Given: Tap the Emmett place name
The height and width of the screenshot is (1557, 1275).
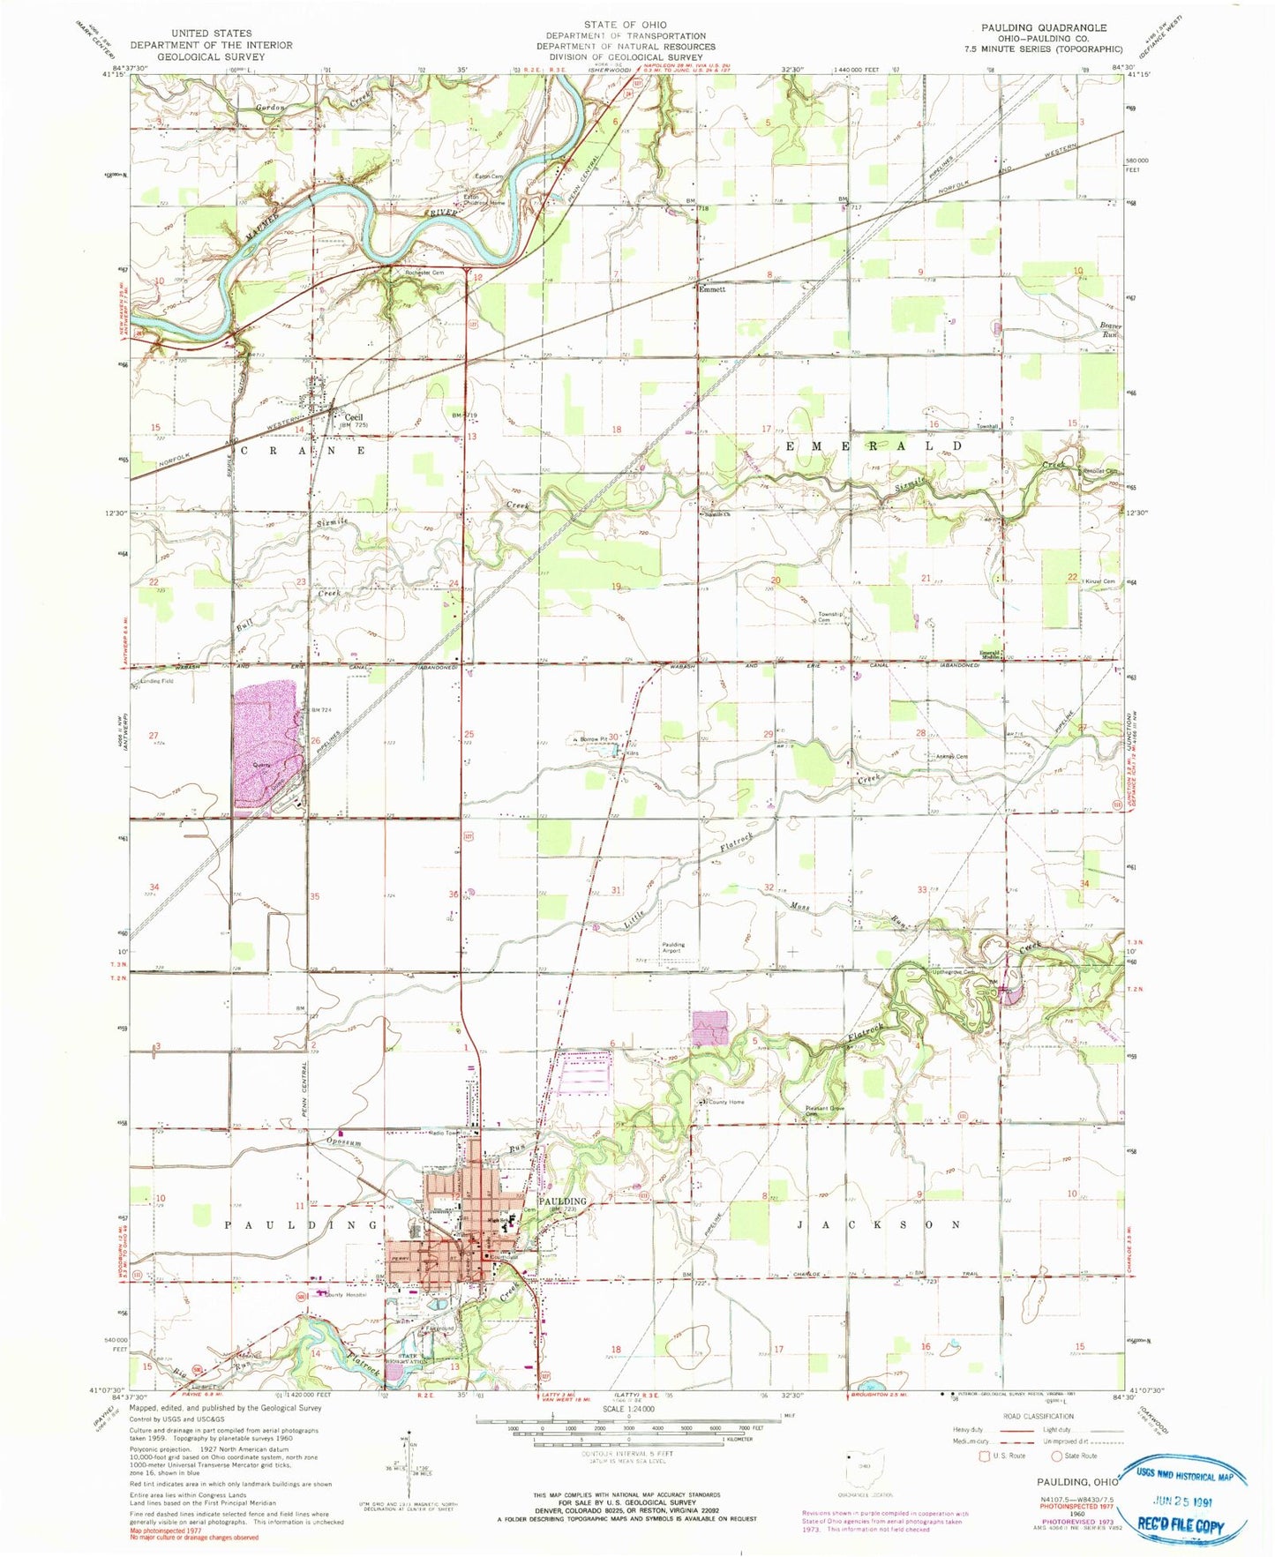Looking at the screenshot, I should (x=711, y=288).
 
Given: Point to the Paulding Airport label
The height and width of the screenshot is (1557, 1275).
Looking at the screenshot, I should (x=673, y=948).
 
